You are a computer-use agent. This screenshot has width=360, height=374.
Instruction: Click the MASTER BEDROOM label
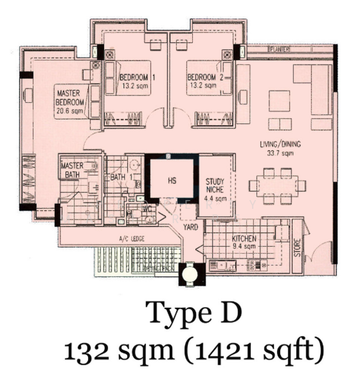tap(70, 97)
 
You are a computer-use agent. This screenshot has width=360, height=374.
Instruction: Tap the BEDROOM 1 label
tap(137, 77)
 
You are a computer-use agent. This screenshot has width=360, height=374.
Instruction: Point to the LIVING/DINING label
tap(281, 145)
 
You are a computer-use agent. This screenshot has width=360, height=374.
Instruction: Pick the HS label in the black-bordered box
tap(172, 181)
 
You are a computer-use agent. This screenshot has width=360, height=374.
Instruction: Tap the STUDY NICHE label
tap(216, 186)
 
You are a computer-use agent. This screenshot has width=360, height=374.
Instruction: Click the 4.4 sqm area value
tap(216, 199)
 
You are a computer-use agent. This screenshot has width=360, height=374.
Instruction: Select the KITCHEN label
tap(242, 239)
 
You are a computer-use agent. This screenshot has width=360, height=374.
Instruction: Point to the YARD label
tap(190, 227)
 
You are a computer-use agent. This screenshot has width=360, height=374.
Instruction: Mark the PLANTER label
tap(277, 49)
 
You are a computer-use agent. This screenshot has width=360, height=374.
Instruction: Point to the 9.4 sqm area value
tap(243, 247)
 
